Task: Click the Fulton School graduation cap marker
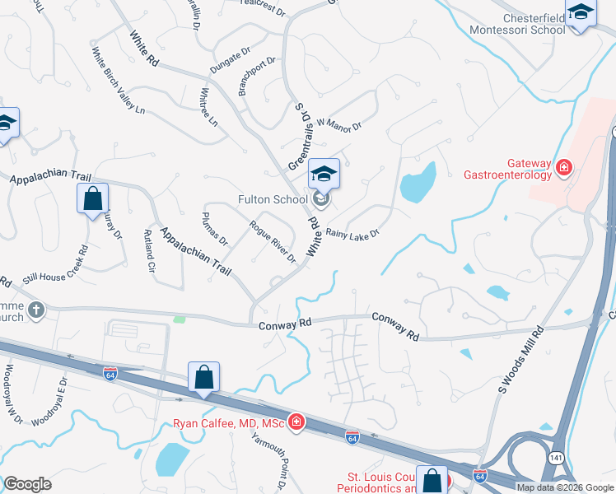tap(324, 175)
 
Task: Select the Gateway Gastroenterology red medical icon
tap(565, 169)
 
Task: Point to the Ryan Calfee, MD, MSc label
tap(228, 424)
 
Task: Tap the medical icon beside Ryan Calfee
tap(296, 424)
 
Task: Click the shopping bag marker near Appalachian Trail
tap(92, 198)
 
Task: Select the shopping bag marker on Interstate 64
tap(203, 378)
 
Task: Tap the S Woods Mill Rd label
tap(521, 360)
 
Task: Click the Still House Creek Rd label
tap(55, 268)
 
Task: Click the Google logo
tap(27, 484)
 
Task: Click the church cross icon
tap(35, 310)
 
